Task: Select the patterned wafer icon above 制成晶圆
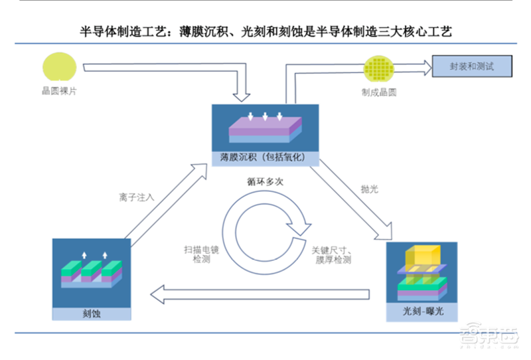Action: click(x=379, y=70)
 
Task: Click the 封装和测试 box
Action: click(x=472, y=66)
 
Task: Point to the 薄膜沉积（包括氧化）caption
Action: click(x=265, y=158)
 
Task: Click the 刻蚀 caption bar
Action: click(x=88, y=313)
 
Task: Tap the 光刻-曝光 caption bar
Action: click(x=421, y=312)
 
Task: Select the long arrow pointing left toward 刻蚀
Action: click(x=259, y=292)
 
